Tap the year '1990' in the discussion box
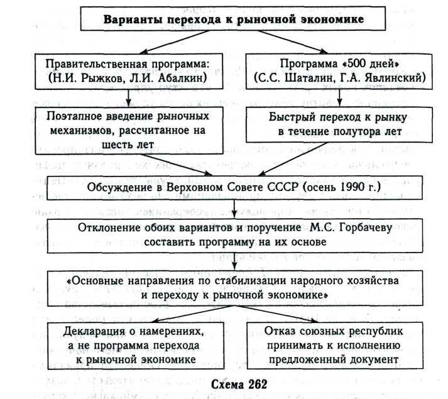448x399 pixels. (358, 187)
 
